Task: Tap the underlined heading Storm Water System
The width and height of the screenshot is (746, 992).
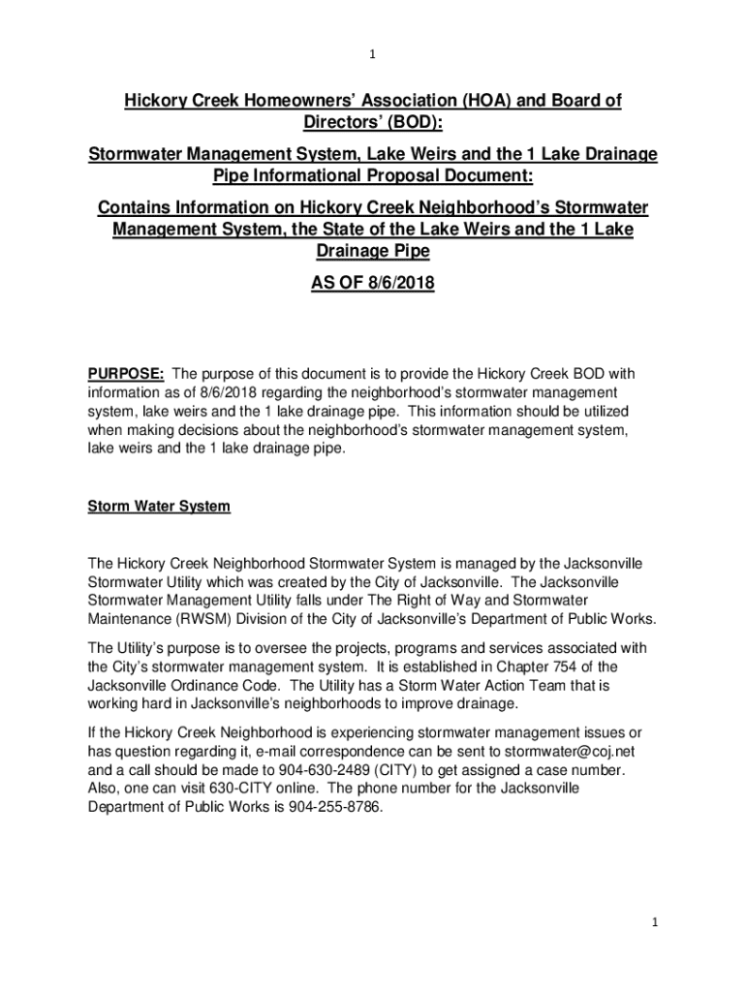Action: (x=159, y=507)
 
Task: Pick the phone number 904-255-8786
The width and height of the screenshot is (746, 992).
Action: (x=337, y=807)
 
